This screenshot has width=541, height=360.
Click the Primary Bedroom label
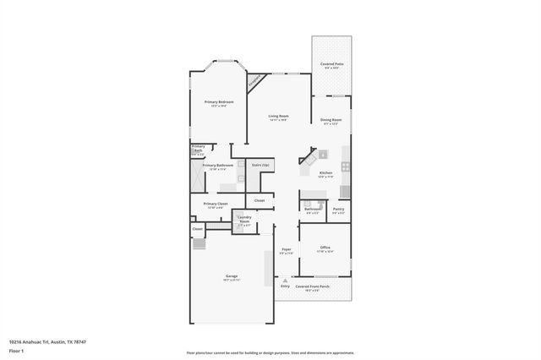coord(219,103)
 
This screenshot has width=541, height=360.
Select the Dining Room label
coord(331,121)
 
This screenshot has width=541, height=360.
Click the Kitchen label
coord(325,173)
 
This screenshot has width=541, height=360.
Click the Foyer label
coord(287,250)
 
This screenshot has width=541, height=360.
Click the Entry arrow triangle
coord(285,281)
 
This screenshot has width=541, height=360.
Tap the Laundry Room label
coord(244,220)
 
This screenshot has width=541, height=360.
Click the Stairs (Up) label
coord(260,165)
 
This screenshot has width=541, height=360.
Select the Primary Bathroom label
coord(217,166)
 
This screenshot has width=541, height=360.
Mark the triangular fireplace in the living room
coord(254,81)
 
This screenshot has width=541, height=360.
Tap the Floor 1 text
coord(17,350)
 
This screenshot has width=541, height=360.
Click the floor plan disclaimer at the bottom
coord(270,353)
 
